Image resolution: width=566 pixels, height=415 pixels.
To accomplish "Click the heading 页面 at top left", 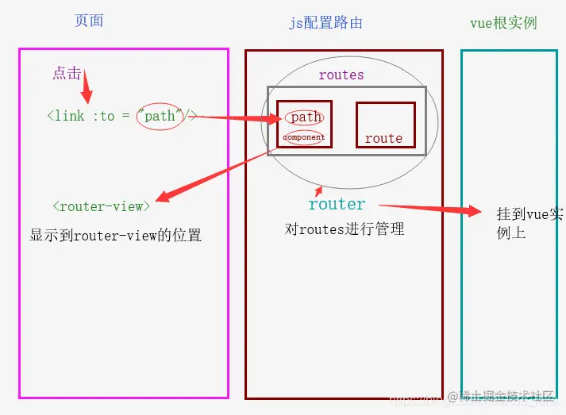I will point(89,21).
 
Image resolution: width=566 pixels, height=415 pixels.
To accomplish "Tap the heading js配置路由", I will point(325,22).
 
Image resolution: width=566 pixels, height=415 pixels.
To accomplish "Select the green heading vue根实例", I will point(502,22).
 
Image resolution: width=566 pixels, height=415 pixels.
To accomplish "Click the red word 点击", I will point(67,73).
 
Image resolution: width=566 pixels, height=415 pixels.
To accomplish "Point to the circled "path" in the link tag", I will point(160,116).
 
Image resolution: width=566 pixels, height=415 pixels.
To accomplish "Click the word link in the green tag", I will point(70,116).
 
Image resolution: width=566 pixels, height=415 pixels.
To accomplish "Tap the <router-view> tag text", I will point(101,206).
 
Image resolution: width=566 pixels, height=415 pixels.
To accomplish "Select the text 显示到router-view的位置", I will point(116,235).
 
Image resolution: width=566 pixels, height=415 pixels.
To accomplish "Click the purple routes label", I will point(341,75).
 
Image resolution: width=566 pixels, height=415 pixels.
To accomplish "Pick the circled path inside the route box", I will point(305,117).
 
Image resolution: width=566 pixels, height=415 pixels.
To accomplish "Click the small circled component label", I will point(304,137).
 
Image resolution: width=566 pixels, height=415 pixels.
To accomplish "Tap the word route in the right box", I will point(383,138).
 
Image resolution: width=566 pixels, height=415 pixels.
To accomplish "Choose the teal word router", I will point(337,204).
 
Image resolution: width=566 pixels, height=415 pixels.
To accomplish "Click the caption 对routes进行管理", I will point(345,229).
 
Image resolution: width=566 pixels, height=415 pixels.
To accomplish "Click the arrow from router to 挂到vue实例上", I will point(433,208).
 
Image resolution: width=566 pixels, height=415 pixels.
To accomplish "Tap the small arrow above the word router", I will point(319,190).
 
